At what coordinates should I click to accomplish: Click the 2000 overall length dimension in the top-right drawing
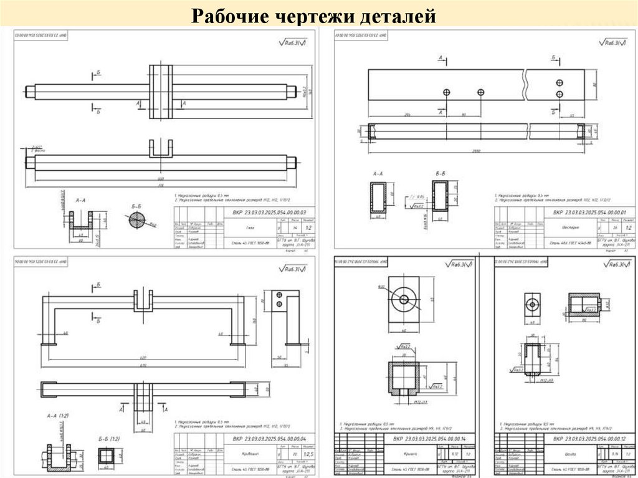click(477, 150)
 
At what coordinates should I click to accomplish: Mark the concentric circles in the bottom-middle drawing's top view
click(404, 300)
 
